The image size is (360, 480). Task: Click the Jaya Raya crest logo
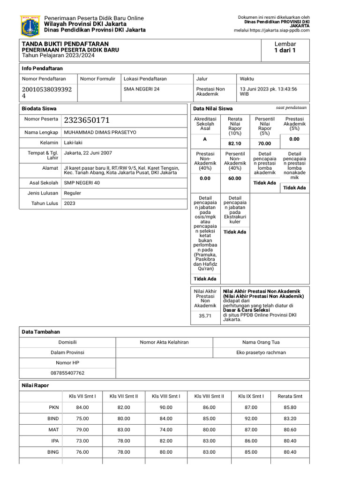click(30, 26)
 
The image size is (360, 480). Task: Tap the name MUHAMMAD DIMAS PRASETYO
click(100, 133)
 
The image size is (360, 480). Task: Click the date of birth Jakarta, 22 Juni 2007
click(88, 153)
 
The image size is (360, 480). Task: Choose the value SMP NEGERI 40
click(82, 183)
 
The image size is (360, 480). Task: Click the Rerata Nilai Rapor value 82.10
click(235, 143)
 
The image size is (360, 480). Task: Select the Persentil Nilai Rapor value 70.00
click(264, 143)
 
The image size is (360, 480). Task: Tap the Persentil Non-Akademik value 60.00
click(235, 179)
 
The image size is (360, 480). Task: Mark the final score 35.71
click(205, 316)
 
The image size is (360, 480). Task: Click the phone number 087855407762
click(67, 373)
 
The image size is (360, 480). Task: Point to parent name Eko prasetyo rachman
click(261, 352)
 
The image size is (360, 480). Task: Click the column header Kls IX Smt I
click(251, 396)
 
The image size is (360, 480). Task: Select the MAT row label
click(53, 430)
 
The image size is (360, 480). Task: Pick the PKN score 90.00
click(166, 408)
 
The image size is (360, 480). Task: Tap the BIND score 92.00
click(251, 419)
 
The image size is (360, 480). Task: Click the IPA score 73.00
click(82, 441)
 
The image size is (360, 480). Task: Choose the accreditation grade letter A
click(204, 140)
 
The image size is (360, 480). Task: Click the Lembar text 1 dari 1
click(285, 51)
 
